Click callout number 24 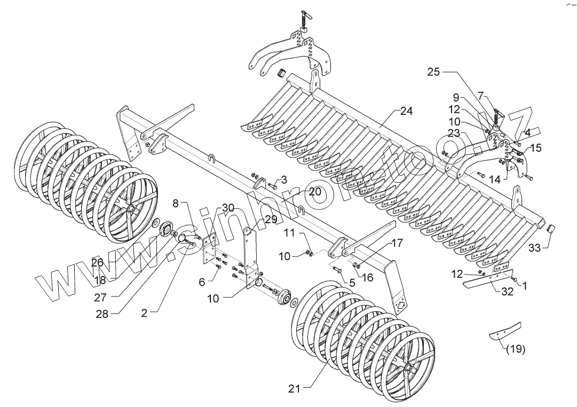(407, 112)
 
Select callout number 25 (433, 72)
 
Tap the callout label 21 (294, 389)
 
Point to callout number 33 (535, 248)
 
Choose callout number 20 (315, 191)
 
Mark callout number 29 (271, 220)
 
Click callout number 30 (228, 208)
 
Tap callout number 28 (101, 314)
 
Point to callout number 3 (284, 179)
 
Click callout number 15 (536, 148)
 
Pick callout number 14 (495, 180)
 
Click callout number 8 (176, 203)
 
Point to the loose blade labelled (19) (504, 331)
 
